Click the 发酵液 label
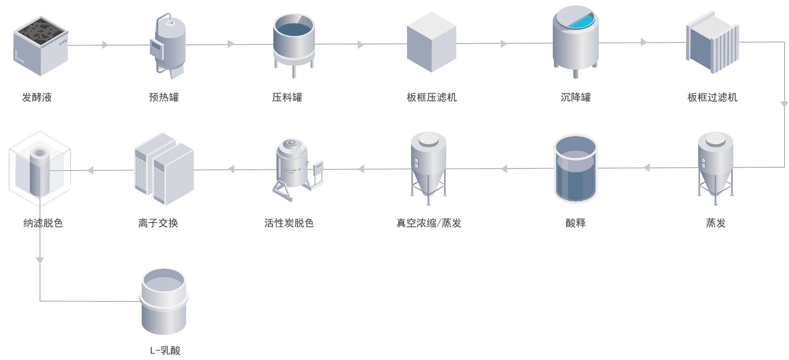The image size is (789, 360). coord(37,97)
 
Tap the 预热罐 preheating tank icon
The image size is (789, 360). coord(169,45)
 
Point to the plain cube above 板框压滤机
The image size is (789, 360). coord(431,42)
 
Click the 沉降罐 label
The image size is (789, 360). coord(575,97)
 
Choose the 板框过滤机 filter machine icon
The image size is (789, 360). coord(712,42)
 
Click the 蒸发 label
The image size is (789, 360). coord(716,223)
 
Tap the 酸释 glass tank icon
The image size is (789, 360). coord(575,169)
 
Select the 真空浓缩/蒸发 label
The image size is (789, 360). coord(428,223)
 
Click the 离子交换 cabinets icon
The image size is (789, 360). coord(164,169)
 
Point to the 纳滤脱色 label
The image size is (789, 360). coord(43,223)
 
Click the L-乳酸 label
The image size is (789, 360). coord(165,350)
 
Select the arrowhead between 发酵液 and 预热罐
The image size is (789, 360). coord(105,45)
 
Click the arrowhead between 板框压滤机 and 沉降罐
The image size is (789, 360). coord(504,44)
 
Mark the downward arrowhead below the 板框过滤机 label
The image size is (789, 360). coord(784,105)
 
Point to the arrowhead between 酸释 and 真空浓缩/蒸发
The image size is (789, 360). coord(504,168)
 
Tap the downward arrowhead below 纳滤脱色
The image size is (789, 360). coord(40,260)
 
